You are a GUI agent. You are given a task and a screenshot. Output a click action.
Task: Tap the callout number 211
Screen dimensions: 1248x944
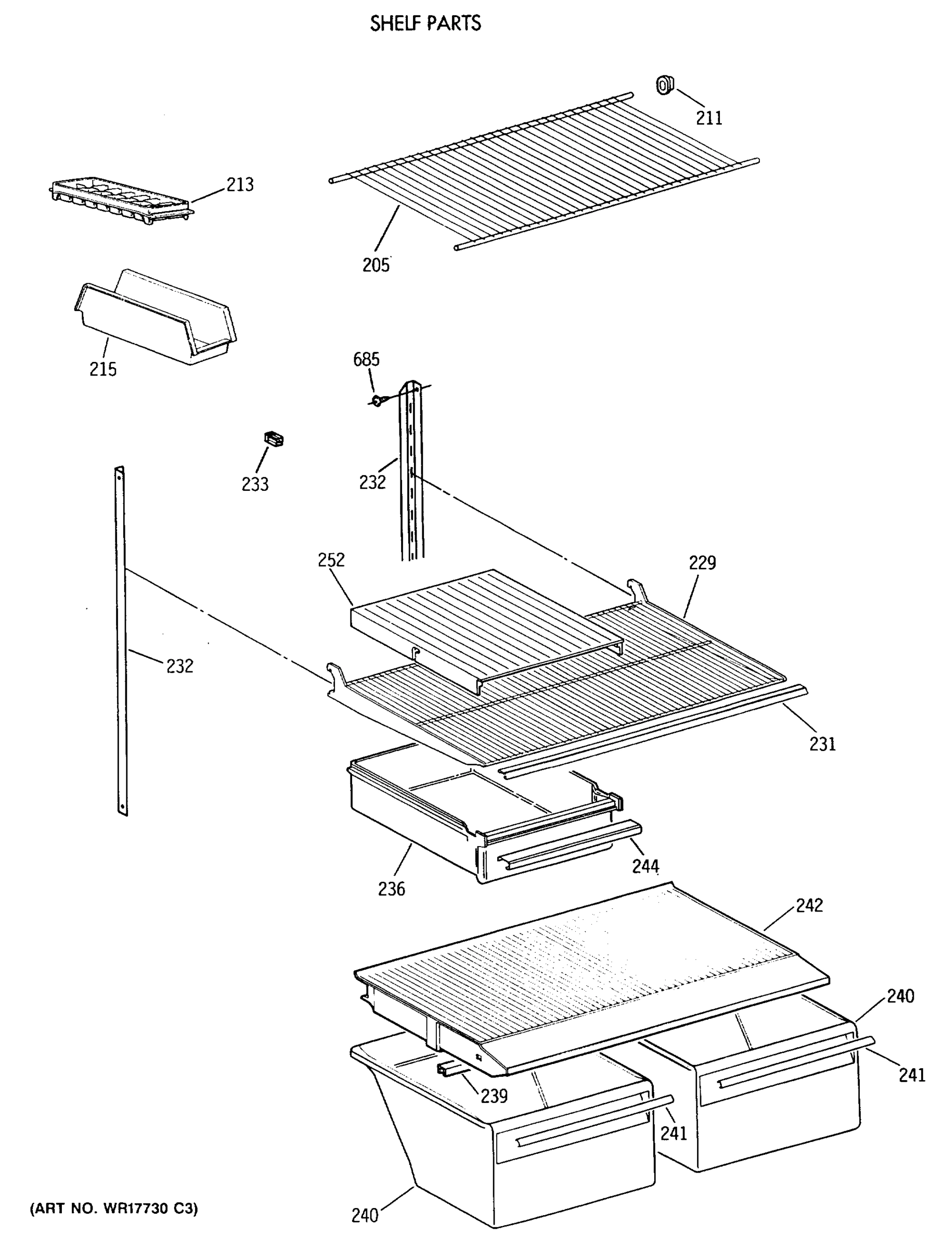click(x=708, y=118)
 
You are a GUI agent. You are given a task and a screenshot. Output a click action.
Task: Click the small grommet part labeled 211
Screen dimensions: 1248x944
click(x=664, y=85)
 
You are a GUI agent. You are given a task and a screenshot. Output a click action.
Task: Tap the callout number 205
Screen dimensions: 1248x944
click(x=376, y=265)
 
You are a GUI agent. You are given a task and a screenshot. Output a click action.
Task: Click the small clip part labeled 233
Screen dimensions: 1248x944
click(x=274, y=438)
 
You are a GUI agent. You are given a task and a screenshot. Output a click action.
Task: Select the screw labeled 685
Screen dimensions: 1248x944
click(x=377, y=400)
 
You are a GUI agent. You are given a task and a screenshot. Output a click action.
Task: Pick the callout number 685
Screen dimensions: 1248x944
click(x=366, y=359)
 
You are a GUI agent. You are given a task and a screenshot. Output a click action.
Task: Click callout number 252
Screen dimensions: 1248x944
click(x=331, y=560)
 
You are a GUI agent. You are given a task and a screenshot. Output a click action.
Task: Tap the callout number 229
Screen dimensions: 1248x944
click(x=702, y=563)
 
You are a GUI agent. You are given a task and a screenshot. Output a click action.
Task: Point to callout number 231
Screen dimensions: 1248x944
click(x=822, y=744)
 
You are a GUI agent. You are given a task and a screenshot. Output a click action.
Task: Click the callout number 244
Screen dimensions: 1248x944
click(x=645, y=865)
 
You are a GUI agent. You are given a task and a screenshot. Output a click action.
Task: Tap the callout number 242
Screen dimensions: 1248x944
click(x=809, y=905)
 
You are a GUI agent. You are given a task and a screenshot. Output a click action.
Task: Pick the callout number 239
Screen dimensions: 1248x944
click(x=494, y=1096)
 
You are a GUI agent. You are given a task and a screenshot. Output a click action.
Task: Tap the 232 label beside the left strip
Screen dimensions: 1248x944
click(x=179, y=666)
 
